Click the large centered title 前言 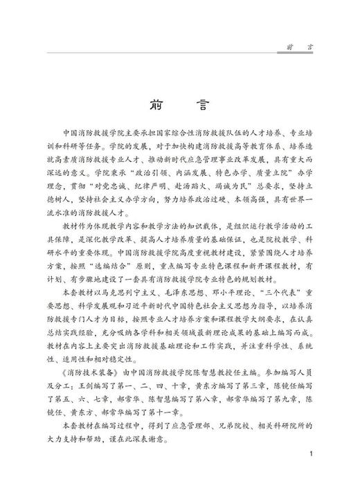point(179,107)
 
